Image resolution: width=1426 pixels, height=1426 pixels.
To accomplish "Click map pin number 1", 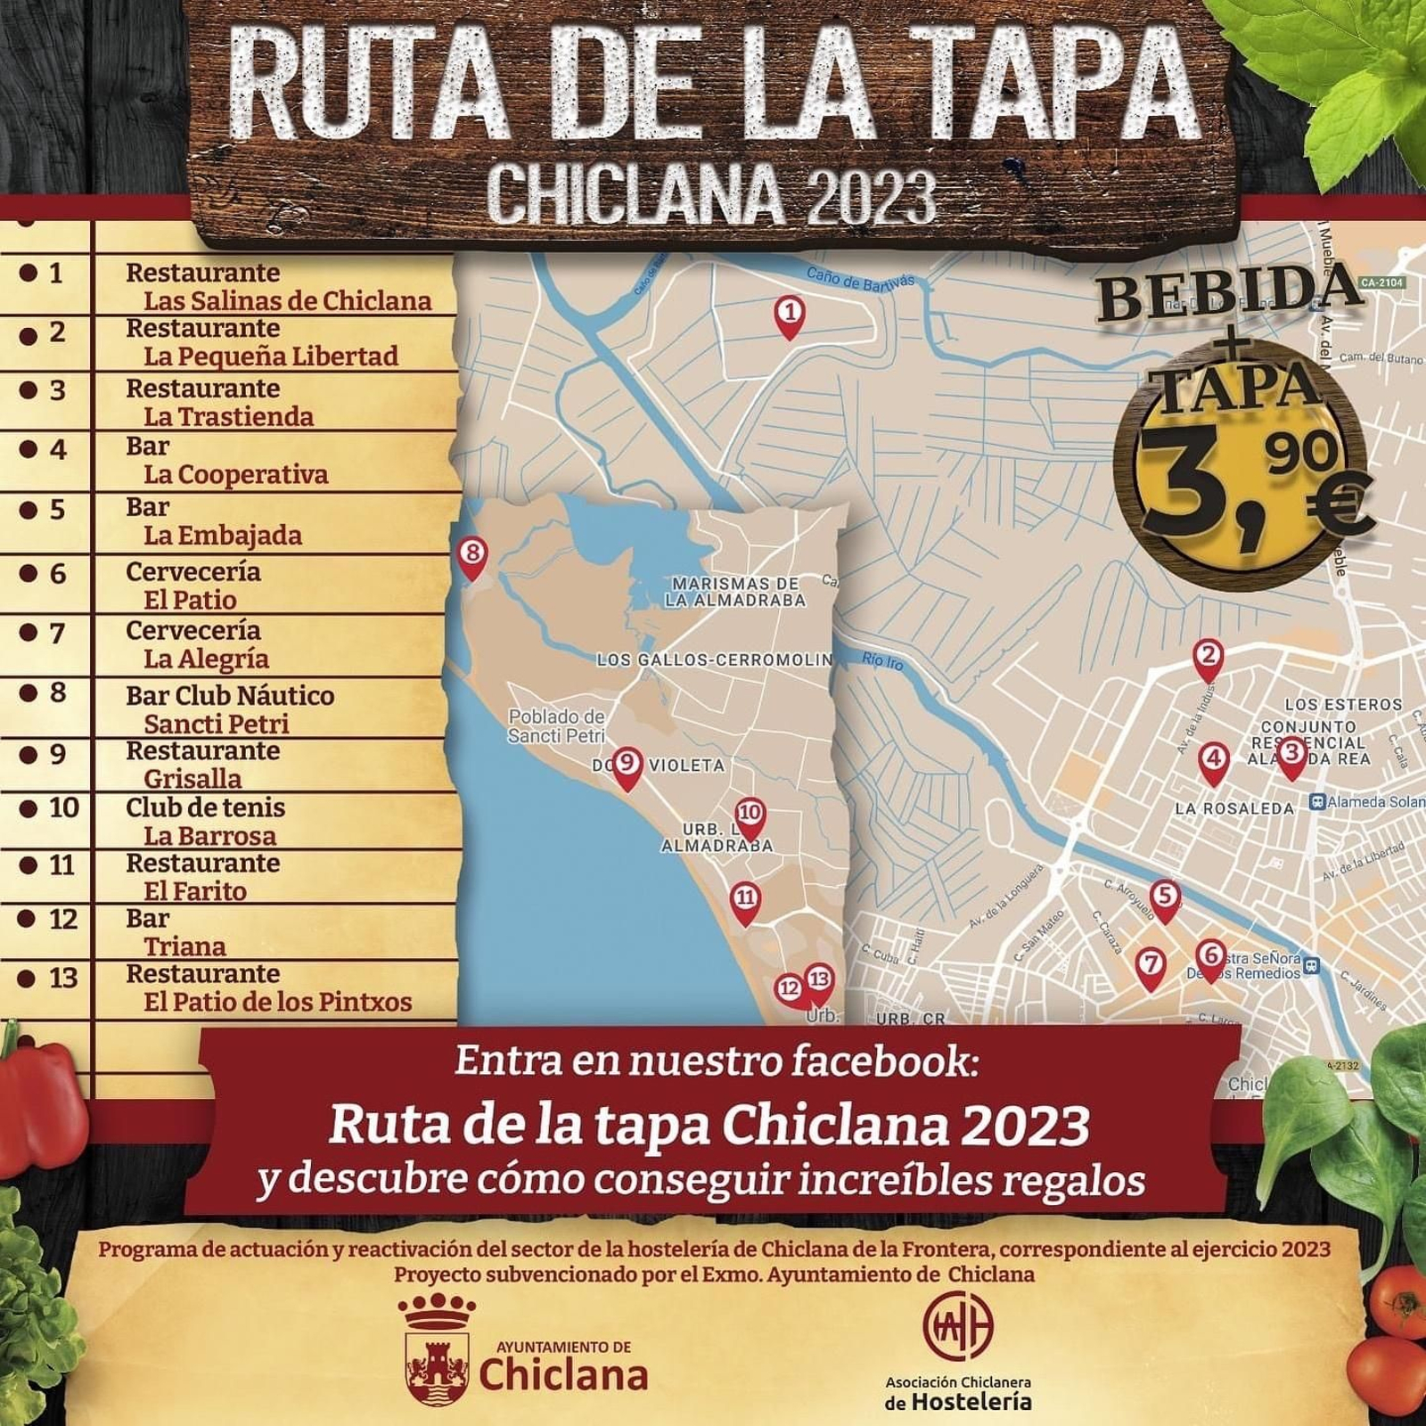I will click(789, 314).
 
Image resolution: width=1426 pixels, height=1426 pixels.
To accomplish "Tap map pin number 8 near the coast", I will click(471, 554).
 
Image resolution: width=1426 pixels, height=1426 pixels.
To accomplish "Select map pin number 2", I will click(1208, 657).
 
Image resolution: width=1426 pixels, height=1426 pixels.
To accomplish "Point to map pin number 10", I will click(750, 814).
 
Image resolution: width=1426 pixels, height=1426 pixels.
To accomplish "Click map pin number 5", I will click(1164, 896).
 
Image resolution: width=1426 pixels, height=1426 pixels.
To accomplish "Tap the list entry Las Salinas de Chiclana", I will click(287, 301).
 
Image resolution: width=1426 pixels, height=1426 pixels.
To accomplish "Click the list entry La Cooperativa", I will click(235, 475).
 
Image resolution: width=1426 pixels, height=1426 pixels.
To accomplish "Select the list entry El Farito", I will click(195, 891).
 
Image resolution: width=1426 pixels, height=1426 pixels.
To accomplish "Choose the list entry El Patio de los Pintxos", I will click(277, 1002).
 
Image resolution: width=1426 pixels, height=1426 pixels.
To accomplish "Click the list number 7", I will click(57, 633).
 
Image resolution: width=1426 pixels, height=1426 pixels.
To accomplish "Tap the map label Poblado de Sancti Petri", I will click(556, 725).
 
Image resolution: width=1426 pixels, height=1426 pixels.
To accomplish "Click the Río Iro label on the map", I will click(882, 661).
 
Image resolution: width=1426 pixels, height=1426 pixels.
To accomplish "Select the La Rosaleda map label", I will click(1233, 808).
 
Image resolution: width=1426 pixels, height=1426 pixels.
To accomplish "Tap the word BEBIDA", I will click(1229, 291).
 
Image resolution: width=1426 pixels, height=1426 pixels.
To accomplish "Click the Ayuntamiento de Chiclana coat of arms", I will click(437, 1356).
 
